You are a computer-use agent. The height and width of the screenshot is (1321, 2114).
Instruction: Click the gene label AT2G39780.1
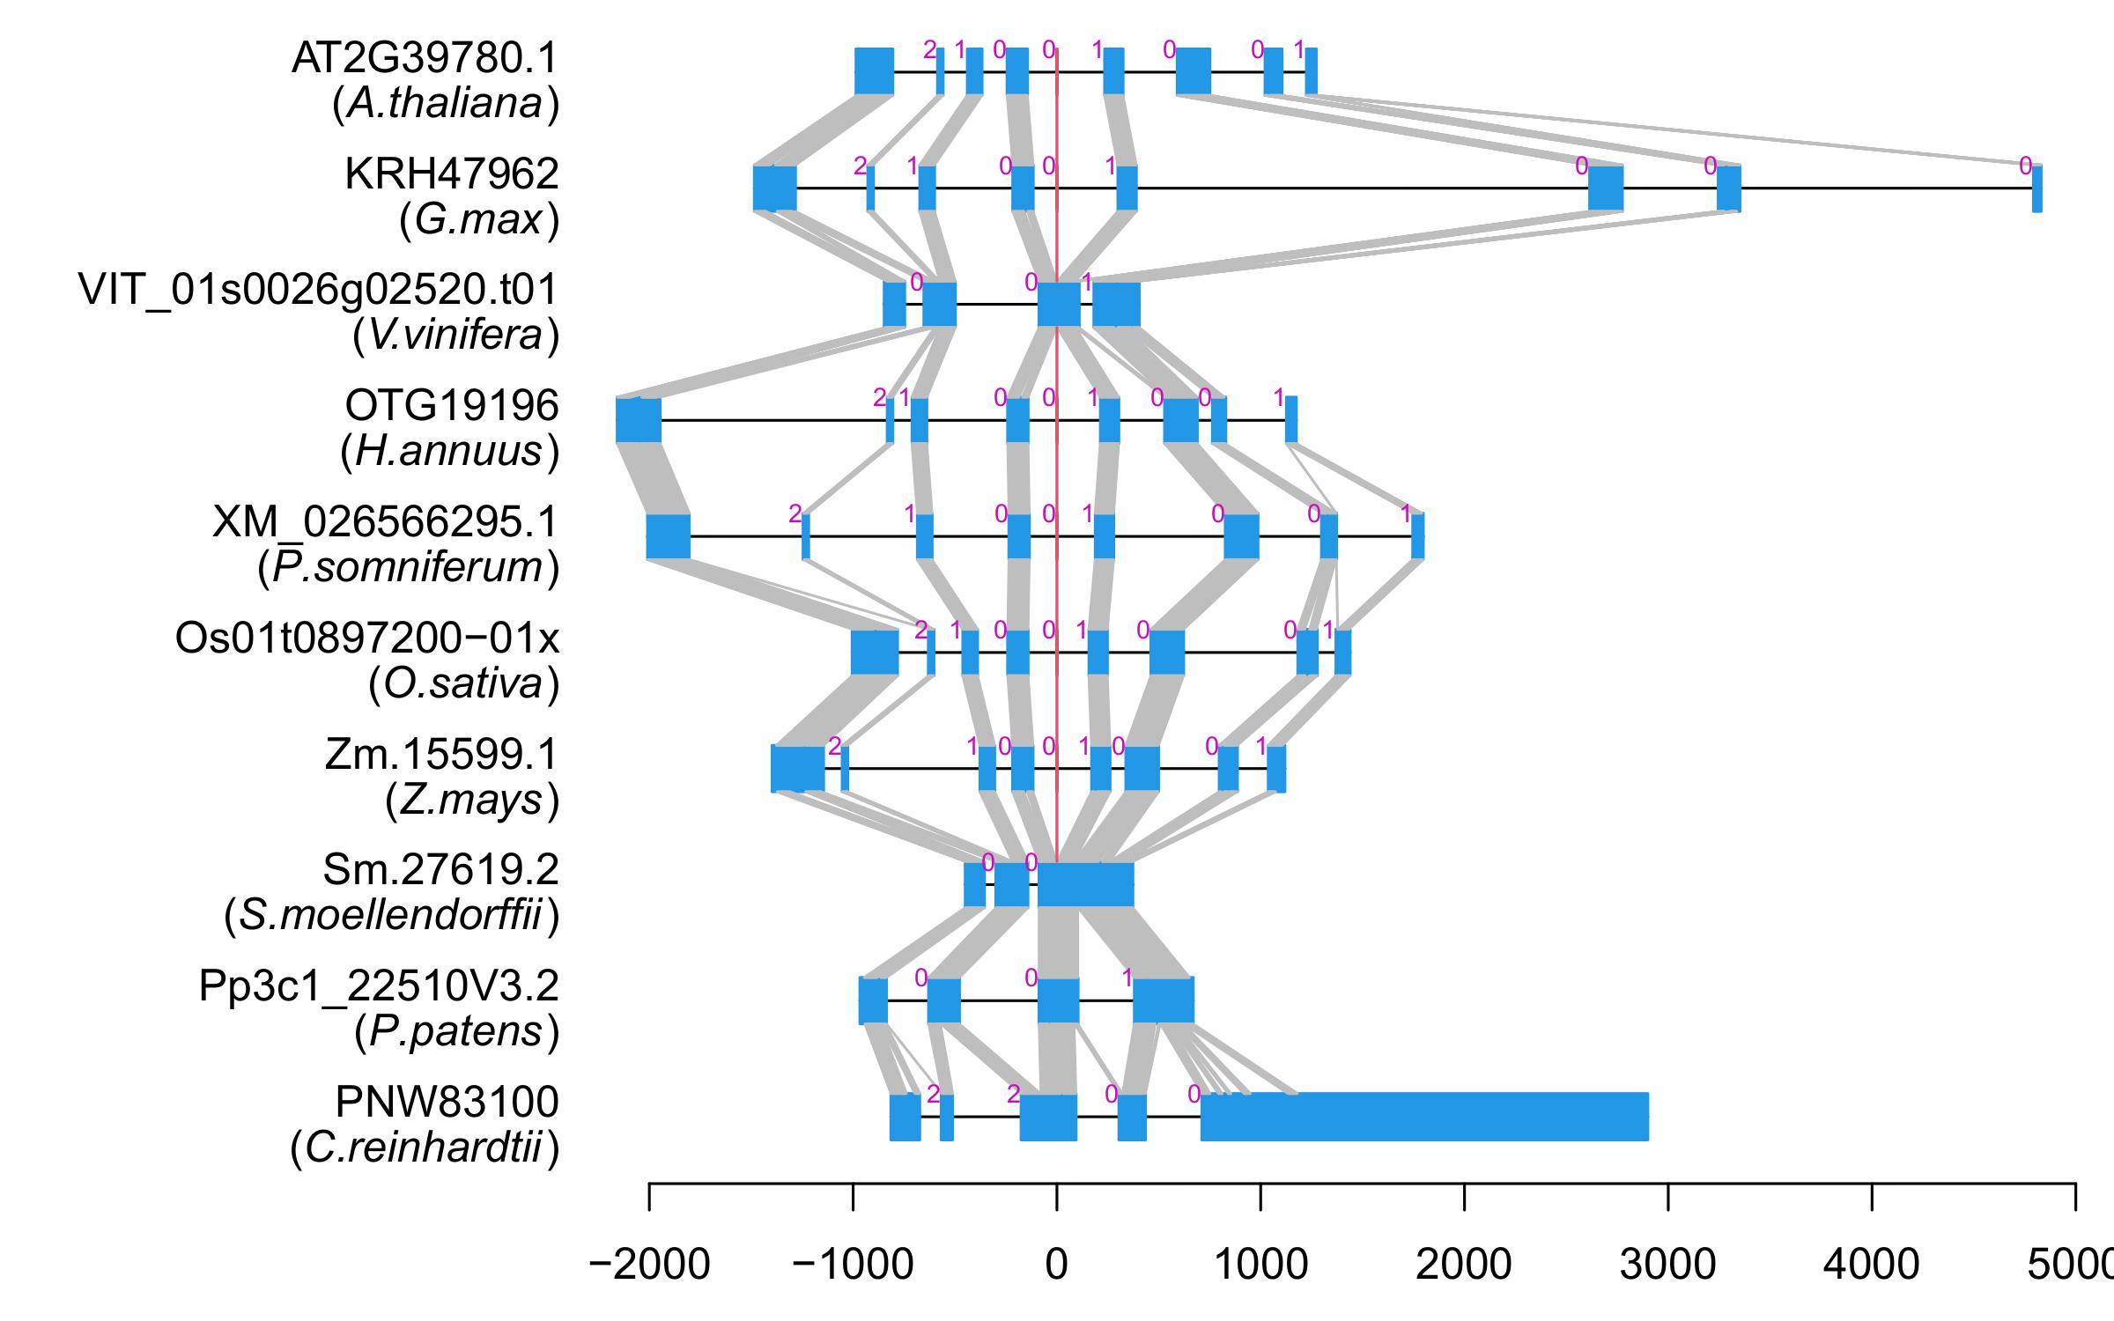(425, 59)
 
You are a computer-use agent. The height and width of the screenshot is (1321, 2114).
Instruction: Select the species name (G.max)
(478, 219)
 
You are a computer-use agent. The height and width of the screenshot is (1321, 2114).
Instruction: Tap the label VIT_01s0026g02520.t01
(318, 290)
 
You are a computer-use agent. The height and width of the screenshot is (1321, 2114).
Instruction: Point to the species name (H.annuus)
(449, 452)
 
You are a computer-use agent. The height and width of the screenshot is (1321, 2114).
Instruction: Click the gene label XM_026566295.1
(385, 522)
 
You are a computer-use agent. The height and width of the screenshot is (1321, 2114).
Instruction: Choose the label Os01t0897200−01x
(367, 638)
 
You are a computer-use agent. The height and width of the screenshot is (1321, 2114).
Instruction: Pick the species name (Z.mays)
(471, 801)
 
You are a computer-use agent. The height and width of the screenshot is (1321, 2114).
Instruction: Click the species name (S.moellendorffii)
(391, 917)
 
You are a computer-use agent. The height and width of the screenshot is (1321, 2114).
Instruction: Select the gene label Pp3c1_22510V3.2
(379, 986)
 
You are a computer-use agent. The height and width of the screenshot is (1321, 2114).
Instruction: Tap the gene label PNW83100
(447, 1103)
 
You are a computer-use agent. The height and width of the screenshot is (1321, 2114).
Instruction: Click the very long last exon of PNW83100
(1423, 1117)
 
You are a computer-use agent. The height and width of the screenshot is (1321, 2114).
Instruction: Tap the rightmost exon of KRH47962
(2036, 188)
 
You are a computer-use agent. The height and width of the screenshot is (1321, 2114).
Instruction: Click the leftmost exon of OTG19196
(639, 420)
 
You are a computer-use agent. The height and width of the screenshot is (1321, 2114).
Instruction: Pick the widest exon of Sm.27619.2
(1085, 885)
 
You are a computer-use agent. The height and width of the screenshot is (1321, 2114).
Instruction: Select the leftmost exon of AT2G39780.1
(874, 71)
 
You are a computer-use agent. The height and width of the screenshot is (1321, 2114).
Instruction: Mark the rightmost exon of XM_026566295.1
(1417, 536)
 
